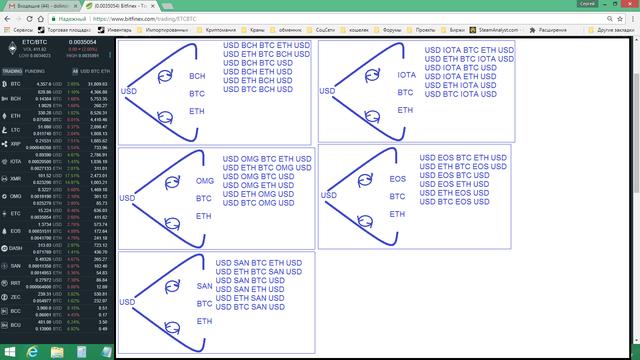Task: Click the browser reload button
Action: tap(30, 19)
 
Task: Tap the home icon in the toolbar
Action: tap(41, 19)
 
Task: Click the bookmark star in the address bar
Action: tap(620, 19)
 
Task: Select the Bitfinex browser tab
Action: tap(121, 6)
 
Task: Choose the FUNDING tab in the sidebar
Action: tap(34, 71)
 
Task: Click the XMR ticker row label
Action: tap(16, 179)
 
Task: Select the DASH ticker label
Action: tap(16, 248)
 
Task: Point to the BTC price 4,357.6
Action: tap(44, 84)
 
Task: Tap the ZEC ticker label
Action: tap(16, 297)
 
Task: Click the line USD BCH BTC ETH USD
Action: tap(266, 46)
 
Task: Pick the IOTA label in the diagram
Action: tap(406, 75)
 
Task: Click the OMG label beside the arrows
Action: tap(205, 181)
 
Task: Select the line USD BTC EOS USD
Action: tap(454, 202)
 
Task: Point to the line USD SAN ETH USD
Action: tap(250, 290)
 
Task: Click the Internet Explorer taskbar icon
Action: tap(32, 352)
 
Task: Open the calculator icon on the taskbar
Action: tap(82, 352)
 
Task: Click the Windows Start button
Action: tap(10, 352)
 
